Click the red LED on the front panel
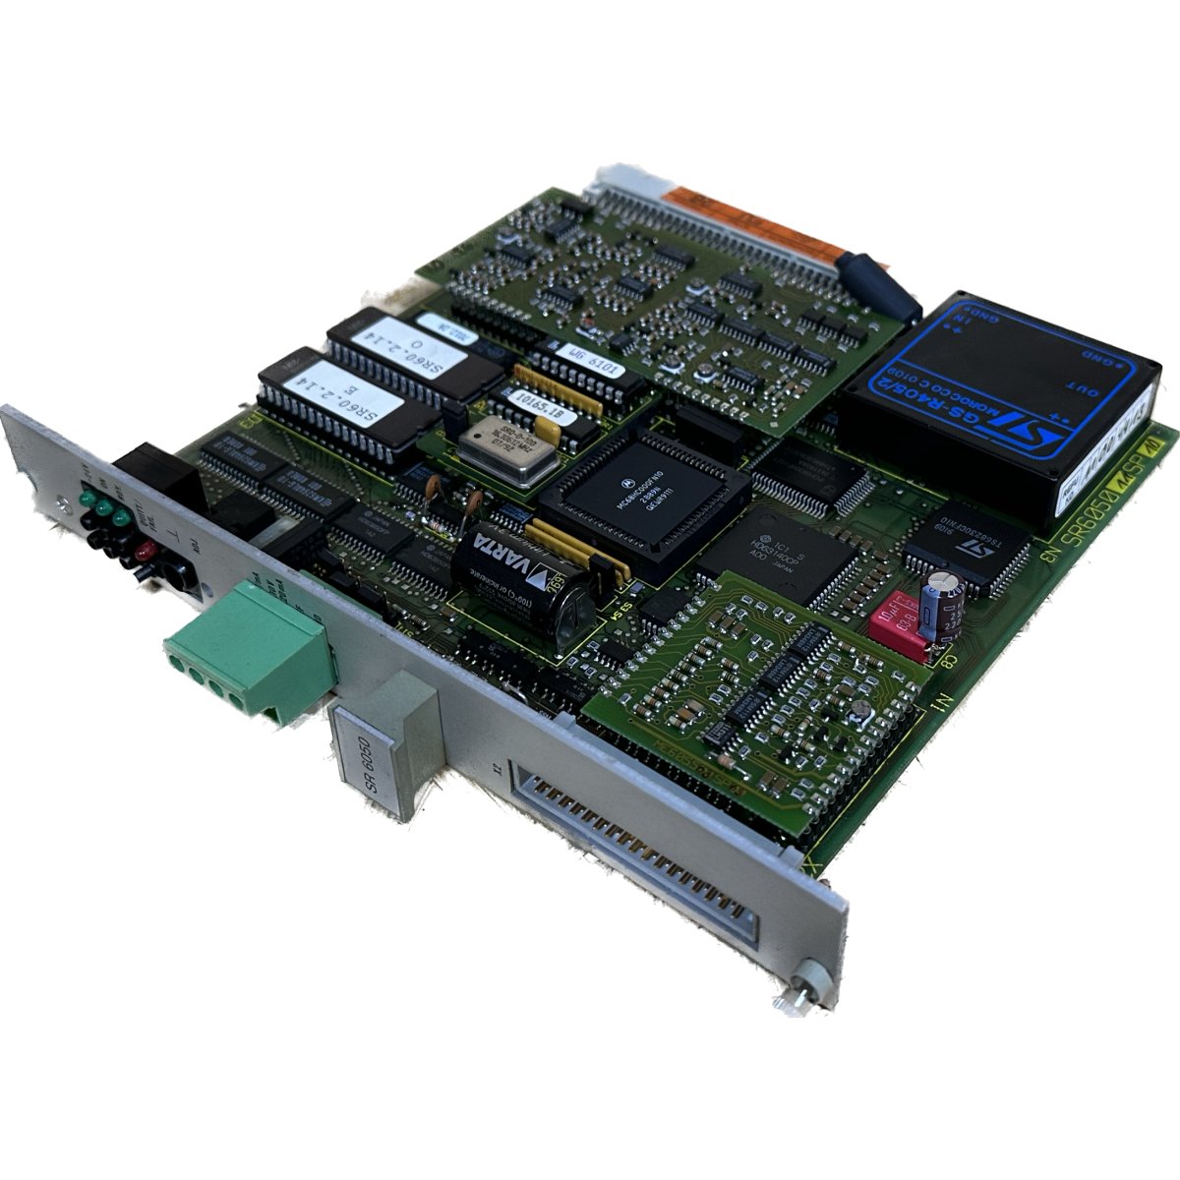[x=145, y=557]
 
